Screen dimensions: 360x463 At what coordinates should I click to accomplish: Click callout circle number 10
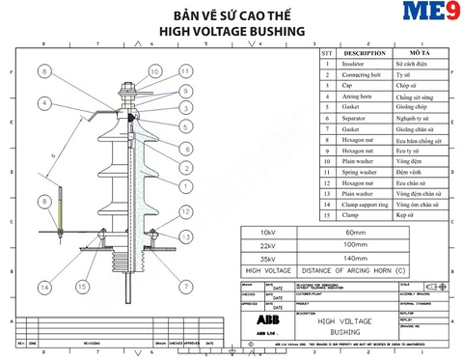pyautogui.click(x=155, y=70)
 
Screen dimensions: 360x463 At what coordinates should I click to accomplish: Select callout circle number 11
pyautogui.click(x=184, y=71)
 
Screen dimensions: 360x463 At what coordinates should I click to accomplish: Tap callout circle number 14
pyautogui.click(x=44, y=288)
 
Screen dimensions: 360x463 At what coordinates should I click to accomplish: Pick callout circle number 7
pyautogui.click(x=184, y=288)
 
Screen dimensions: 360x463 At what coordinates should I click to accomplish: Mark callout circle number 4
pyautogui.click(x=44, y=103)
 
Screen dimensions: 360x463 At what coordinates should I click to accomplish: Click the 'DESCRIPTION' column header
pyautogui.click(x=365, y=53)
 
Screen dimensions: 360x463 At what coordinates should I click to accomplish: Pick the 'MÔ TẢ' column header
pyautogui.click(x=420, y=53)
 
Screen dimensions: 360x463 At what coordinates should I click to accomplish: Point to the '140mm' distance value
pyautogui.click(x=356, y=260)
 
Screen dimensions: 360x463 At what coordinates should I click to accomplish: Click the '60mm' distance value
pyautogui.click(x=356, y=234)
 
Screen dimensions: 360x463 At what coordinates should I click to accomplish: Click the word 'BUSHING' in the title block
pyautogui.click(x=339, y=332)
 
